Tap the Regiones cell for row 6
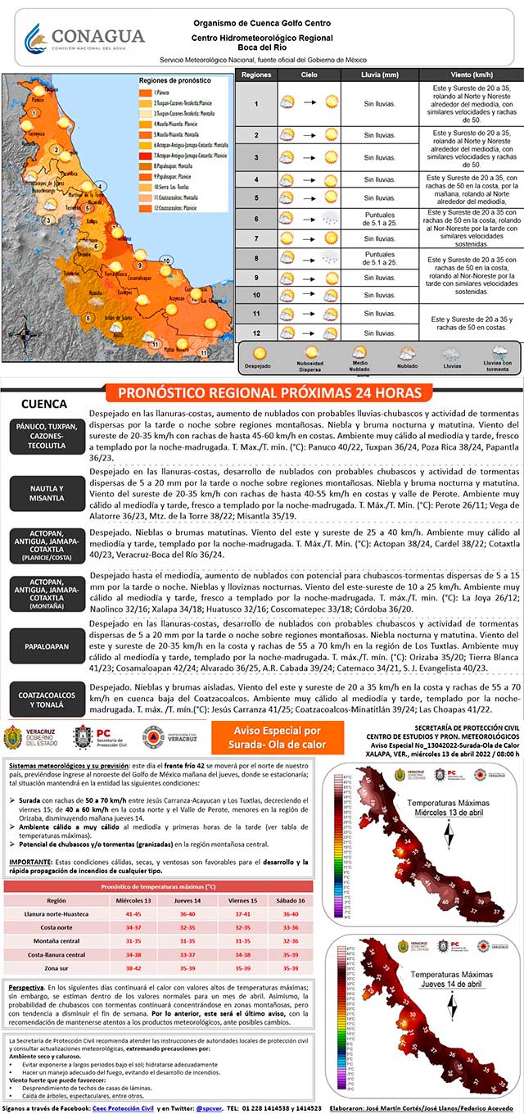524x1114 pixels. tap(256, 219)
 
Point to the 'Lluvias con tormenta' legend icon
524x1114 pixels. tap(497, 355)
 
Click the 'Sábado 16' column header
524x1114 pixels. tap(290, 900)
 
